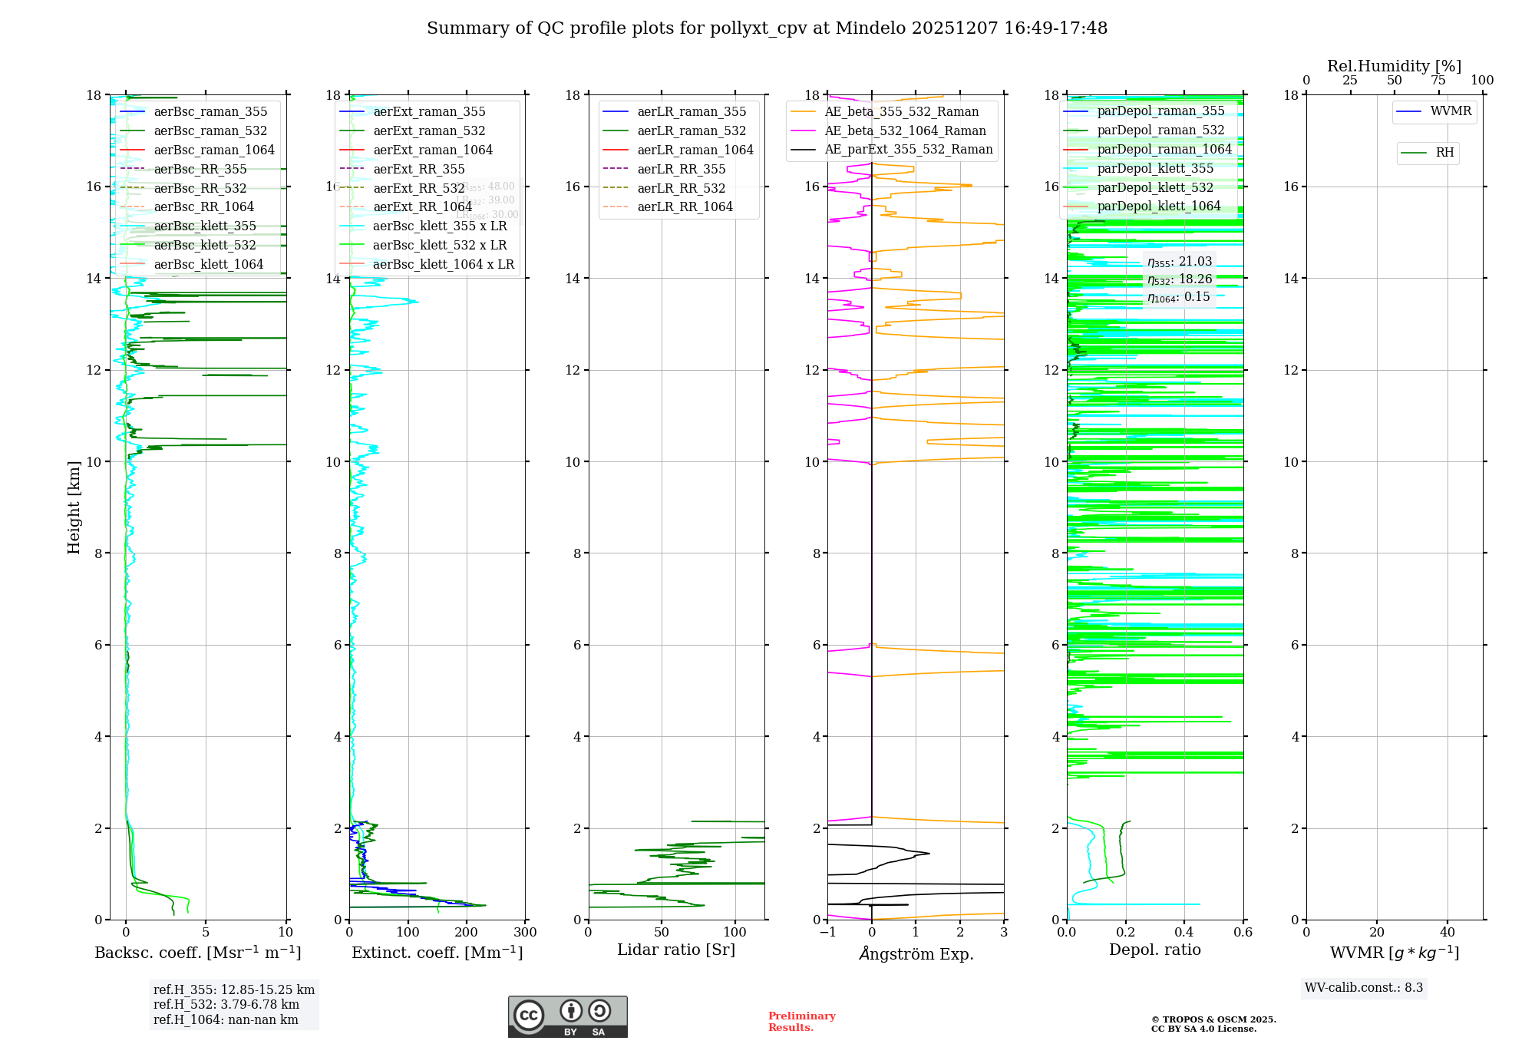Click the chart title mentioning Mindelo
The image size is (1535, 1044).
[x=767, y=28]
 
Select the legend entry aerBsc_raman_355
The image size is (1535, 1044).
[x=210, y=112]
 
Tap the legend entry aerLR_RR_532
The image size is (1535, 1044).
[x=681, y=188]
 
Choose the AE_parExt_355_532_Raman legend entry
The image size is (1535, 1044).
[x=908, y=150]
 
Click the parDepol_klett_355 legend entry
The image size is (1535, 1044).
[x=1155, y=169]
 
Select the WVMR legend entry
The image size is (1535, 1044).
[x=1451, y=111]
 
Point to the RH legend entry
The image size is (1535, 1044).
[x=1444, y=153]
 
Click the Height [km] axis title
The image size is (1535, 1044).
[x=74, y=507]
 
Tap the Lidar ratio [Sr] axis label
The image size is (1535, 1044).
[x=675, y=950]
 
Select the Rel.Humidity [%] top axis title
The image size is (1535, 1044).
[x=1394, y=66]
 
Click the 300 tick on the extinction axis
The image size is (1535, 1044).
[x=526, y=933]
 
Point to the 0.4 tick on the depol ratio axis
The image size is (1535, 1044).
[x=1184, y=933]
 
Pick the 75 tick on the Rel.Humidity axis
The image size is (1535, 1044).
[x=1438, y=81]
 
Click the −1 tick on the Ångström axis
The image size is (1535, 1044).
[x=827, y=933]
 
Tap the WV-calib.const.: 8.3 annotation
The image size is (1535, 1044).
[x=1363, y=988]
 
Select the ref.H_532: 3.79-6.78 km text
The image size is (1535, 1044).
[x=226, y=1005]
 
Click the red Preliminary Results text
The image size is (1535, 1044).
[x=801, y=1022]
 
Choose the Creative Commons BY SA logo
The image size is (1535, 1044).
[x=567, y=1016]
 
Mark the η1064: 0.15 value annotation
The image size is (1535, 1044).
[x=1179, y=297]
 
